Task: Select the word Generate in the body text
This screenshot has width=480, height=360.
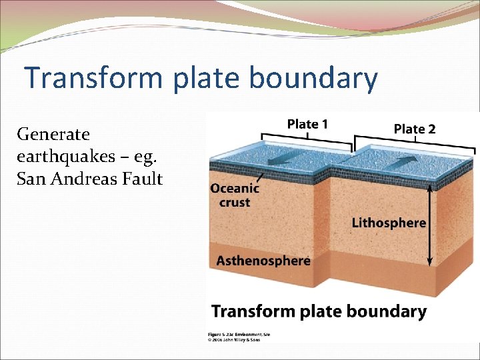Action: click(53, 134)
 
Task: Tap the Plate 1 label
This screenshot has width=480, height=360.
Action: click(307, 124)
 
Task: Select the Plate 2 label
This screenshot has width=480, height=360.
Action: click(415, 129)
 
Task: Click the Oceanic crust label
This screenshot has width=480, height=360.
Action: click(235, 195)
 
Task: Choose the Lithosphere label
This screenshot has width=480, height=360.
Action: click(389, 223)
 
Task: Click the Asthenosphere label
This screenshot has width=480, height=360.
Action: click(263, 260)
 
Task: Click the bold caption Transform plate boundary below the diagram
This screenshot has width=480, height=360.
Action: click(319, 311)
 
